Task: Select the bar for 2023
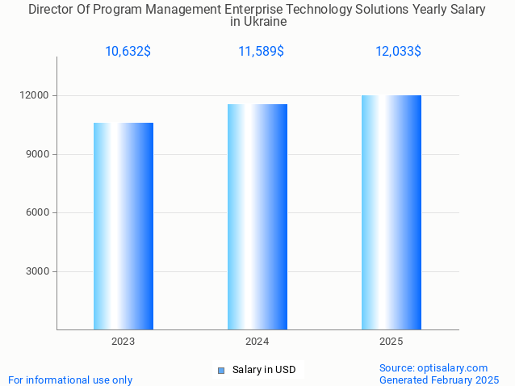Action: [124, 226]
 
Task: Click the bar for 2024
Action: [257, 216]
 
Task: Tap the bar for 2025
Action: [391, 212]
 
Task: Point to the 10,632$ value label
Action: [128, 52]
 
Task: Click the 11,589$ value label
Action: [261, 52]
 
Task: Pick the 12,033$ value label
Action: [398, 52]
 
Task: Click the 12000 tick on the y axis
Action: [36, 95]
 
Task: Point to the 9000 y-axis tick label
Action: [39, 154]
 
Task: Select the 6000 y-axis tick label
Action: [39, 213]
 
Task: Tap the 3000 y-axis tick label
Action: [39, 271]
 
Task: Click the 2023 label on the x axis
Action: [124, 342]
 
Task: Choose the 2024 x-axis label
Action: [257, 342]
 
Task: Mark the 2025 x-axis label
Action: [391, 342]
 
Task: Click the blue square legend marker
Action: [220, 371]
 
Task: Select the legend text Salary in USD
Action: [264, 370]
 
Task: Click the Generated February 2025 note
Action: [438, 380]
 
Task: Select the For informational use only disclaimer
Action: [70, 380]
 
